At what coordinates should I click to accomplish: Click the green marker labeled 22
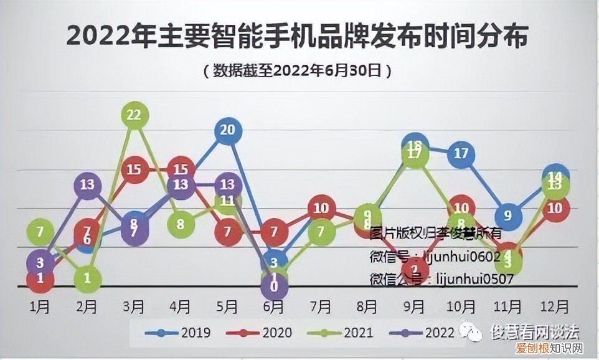pyautogui.click(x=134, y=115)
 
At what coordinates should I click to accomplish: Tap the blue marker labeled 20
pyautogui.click(x=228, y=130)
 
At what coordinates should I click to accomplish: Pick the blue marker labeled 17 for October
pyautogui.click(x=461, y=153)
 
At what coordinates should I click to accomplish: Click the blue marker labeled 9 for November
pyautogui.click(x=508, y=216)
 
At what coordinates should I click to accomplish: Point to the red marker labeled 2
pyautogui.click(x=415, y=270)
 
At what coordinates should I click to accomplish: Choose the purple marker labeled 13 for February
pyautogui.click(x=88, y=184)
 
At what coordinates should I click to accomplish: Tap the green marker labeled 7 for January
pyautogui.click(x=40, y=232)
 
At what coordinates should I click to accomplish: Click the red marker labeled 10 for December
pyautogui.click(x=555, y=208)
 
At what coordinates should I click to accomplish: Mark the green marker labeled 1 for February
pyautogui.click(x=88, y=278)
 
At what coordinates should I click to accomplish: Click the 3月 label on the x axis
pyautogui.click(x=134, y=307)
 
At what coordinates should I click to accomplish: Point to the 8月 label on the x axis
pyautogui.click(x=367, y=307)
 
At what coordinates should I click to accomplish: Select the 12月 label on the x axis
pyautogui.click(x=554, y=307)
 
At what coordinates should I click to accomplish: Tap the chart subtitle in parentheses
pyautogui.click(x=298, y=70)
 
